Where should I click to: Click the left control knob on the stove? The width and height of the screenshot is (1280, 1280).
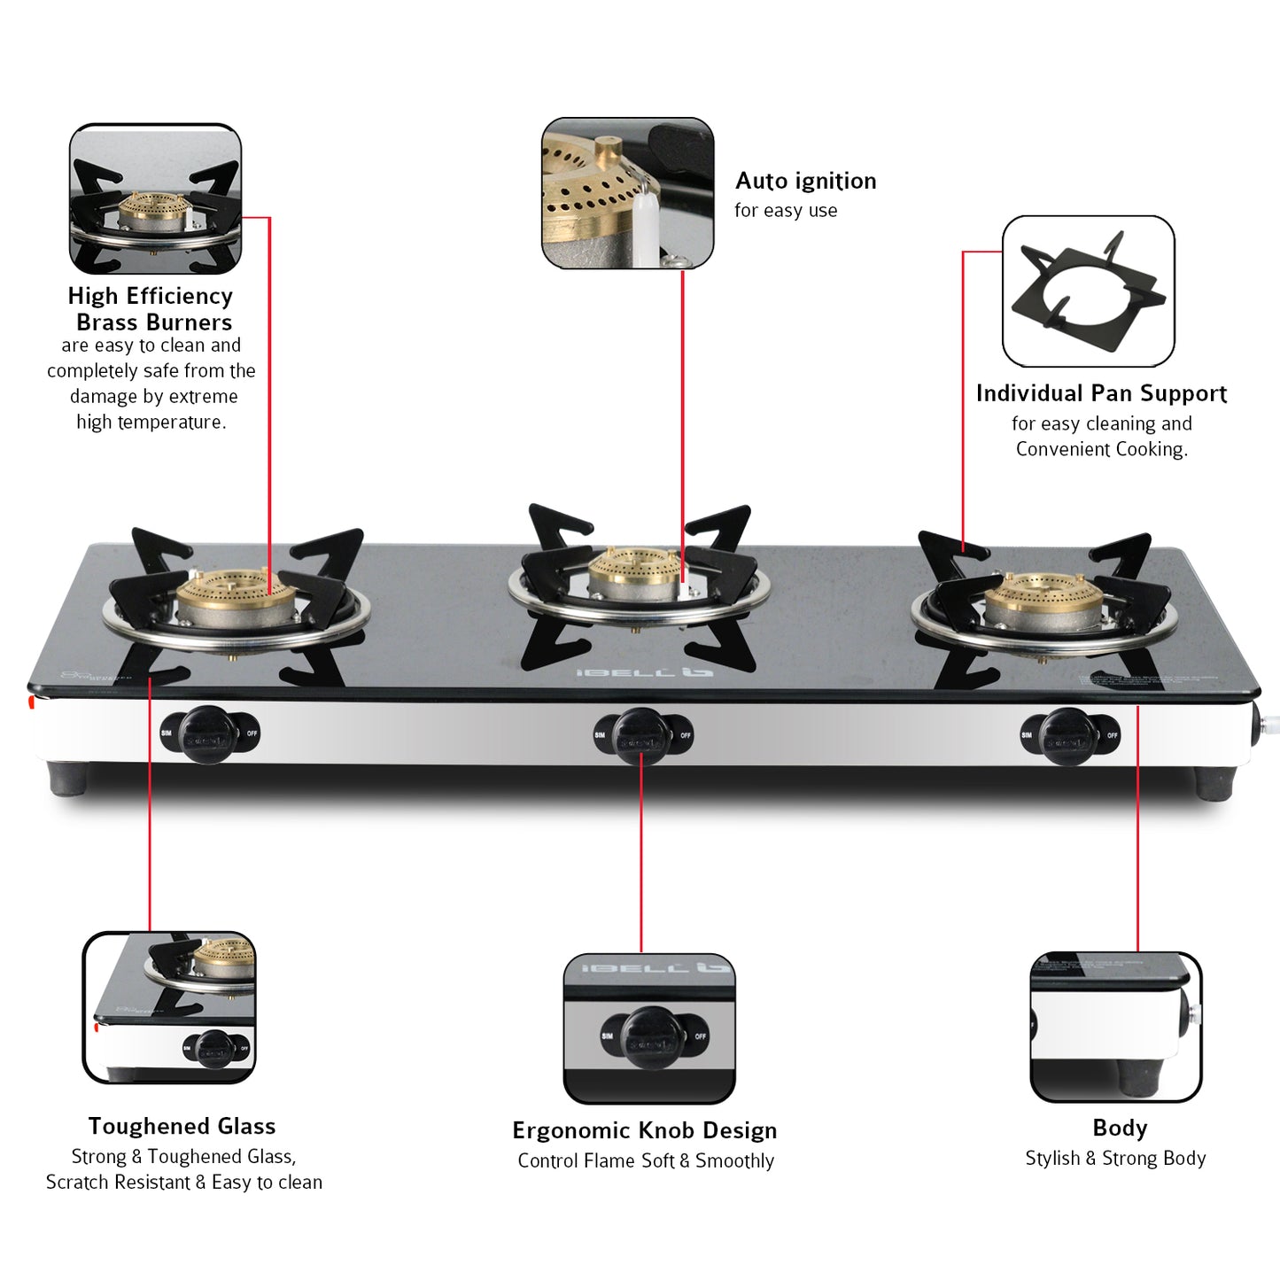[x=208, y=734]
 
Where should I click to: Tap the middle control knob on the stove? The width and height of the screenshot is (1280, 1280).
[x=641, y=735]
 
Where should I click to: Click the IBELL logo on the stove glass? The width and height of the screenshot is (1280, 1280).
[x=645, y=672]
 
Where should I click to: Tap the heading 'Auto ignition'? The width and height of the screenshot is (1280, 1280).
[x=805, y=182]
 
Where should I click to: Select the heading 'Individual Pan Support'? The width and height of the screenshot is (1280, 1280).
[x=1101, y=393]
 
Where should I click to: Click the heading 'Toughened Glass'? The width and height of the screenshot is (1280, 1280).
[x=182, y=1126]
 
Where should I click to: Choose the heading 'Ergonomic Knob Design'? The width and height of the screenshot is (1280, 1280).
[x=644, y=1130]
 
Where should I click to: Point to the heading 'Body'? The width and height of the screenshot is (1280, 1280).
[x=1120, y=1128]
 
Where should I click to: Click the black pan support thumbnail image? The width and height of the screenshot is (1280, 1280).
[x=1088, y=291]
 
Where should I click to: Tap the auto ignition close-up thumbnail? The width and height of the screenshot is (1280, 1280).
[x=627, y=193]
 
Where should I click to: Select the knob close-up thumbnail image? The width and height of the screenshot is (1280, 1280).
[x=649, y=1028]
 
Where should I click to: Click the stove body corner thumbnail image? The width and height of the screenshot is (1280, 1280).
[x=1116, y=1027]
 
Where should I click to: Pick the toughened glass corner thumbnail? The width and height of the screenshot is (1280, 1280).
[x=169, y=1007]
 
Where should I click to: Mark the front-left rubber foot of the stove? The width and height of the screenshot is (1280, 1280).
[x=69, y=780]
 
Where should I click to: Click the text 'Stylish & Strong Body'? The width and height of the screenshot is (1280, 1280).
[x=1115, y=1158]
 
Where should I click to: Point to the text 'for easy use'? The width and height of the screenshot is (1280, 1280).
[x=786, y=211]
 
